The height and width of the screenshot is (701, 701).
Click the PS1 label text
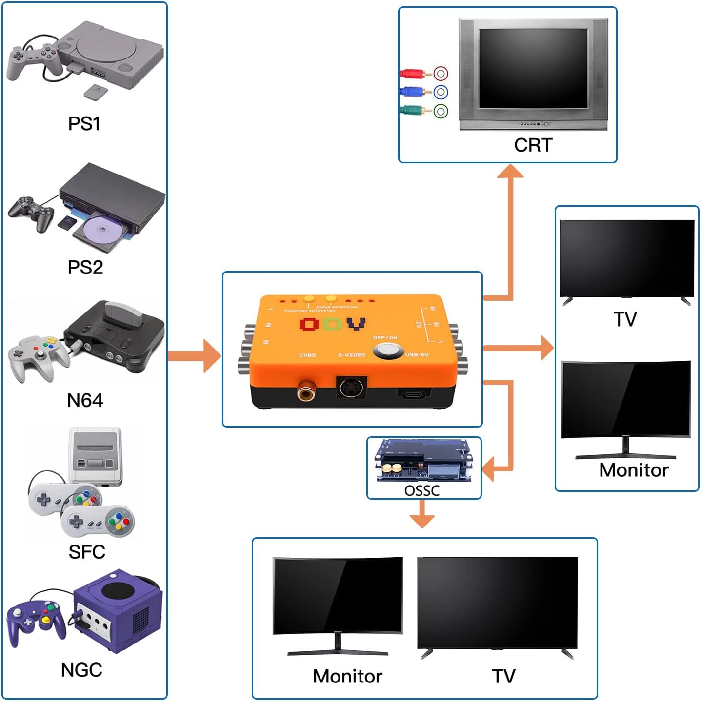[84, 124]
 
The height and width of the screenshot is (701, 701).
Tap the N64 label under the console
[85, 401]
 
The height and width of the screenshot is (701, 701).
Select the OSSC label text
[422, 490]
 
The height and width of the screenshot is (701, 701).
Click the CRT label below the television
[533, 145]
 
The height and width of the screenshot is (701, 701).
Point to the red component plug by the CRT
[413, 74]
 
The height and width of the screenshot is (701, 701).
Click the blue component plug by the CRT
[413, 92]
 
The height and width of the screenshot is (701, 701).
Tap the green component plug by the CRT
[413, 111]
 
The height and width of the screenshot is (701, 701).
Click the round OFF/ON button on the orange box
[388, 351]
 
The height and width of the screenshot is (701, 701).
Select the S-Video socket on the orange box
[351, 388]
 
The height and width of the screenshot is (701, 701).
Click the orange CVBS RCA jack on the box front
[306, 391]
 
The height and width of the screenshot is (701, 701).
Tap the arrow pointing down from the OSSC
[422, 516]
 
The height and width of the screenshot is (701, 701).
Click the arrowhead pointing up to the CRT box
[510, 172]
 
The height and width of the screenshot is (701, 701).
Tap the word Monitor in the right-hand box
[633, 470]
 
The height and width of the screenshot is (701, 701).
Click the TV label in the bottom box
[503, 676]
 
